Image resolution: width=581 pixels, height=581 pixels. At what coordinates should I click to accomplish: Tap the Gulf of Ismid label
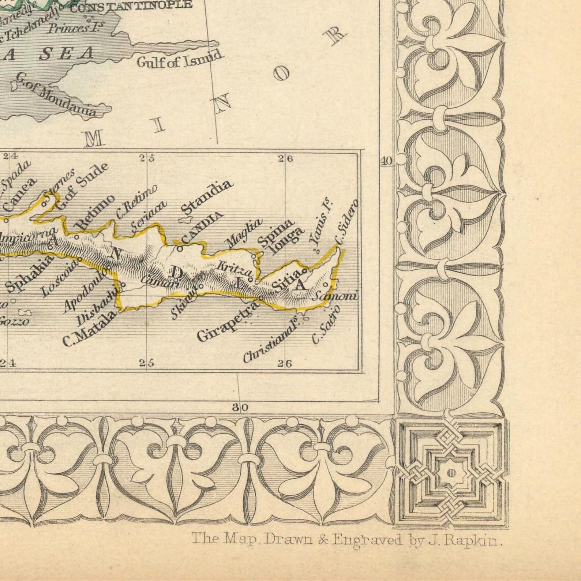[179, 59]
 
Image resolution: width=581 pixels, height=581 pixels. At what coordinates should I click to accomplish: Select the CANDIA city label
[202, 228]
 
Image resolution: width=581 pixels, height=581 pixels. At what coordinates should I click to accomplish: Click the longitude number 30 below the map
[240, 407]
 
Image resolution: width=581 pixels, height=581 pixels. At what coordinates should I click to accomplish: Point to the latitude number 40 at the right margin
[386, 161]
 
